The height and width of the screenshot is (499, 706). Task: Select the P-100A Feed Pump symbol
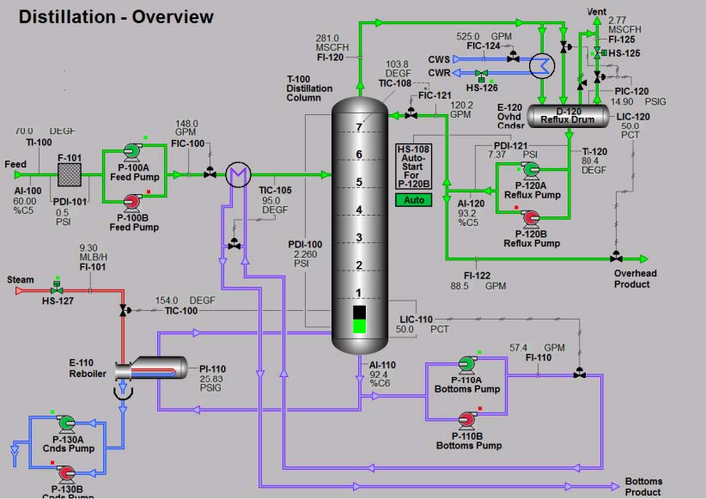(x=132, y=151)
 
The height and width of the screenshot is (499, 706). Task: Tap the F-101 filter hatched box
(x=69, y=174)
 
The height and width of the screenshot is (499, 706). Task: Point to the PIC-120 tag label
(x=632, y=90)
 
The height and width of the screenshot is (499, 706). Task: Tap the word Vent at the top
(x=596, y=10)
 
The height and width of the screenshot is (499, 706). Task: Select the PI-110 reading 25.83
(x=212, y=379)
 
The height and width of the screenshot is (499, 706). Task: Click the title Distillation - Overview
(x=116, y=16)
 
